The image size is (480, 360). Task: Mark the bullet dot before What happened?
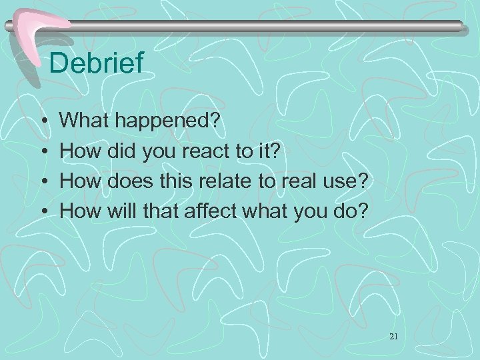[x=43, y=122]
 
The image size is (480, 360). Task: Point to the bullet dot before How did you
[x=43, y=151]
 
